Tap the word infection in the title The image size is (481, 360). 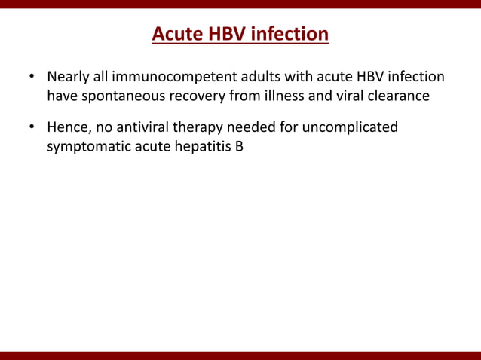tap(290, 35)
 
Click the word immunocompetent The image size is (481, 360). tap(161, 78)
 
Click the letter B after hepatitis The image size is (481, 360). tap(239, 145)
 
